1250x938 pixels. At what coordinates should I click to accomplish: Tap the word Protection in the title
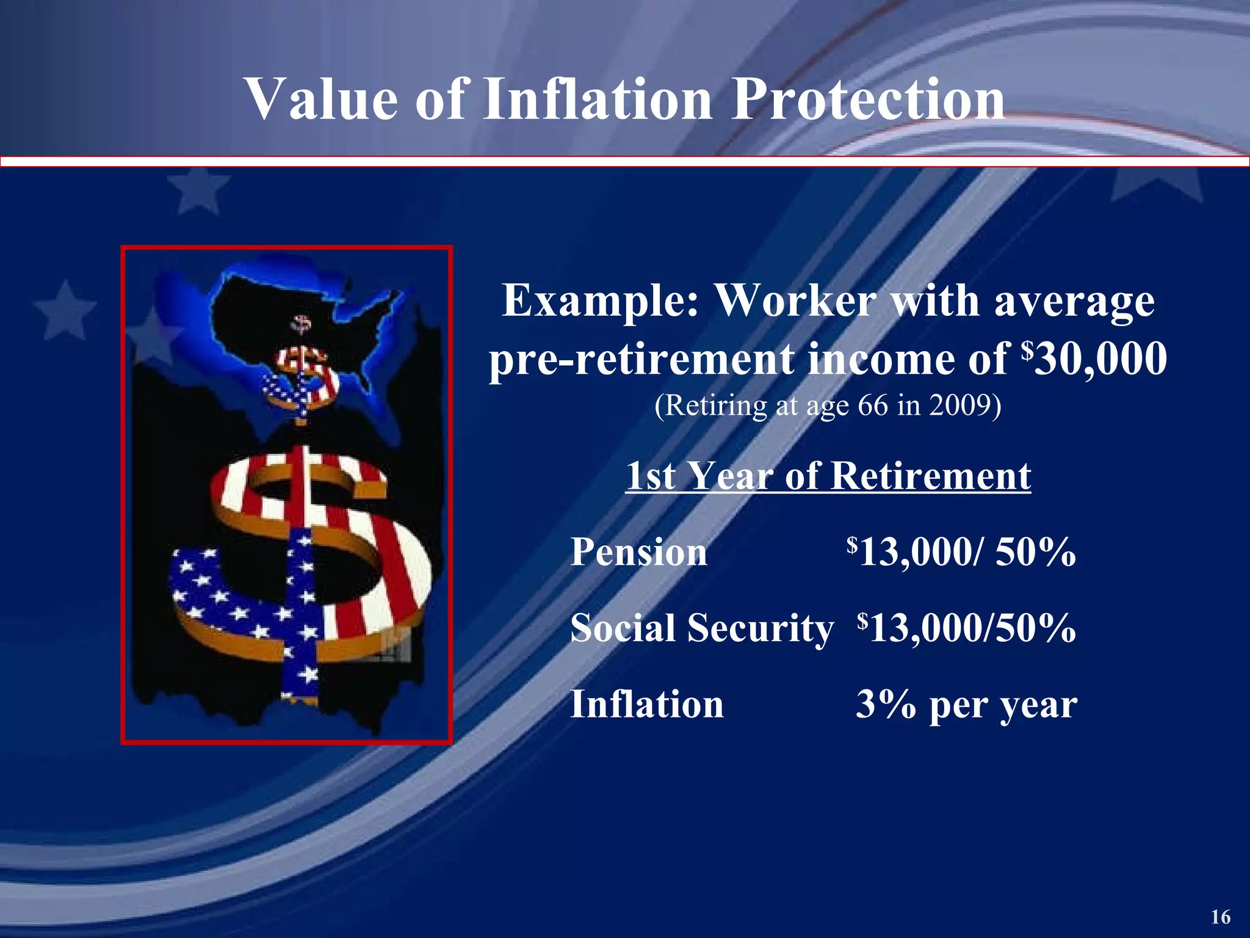pos(867,99)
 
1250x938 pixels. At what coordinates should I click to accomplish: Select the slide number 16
pos(1221,917)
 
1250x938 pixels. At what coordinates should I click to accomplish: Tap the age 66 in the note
pos(873,405)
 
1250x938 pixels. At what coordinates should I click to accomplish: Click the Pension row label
pos(638,551)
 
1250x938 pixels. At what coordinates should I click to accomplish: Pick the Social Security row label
pos(701,628)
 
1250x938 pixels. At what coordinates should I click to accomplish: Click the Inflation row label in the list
pos(646,703)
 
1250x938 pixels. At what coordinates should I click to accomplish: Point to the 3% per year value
pos(966,705)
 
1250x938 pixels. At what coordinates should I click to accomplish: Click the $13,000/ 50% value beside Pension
pos(961,551)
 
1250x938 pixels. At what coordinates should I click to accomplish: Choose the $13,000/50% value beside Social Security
pos(966,628)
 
